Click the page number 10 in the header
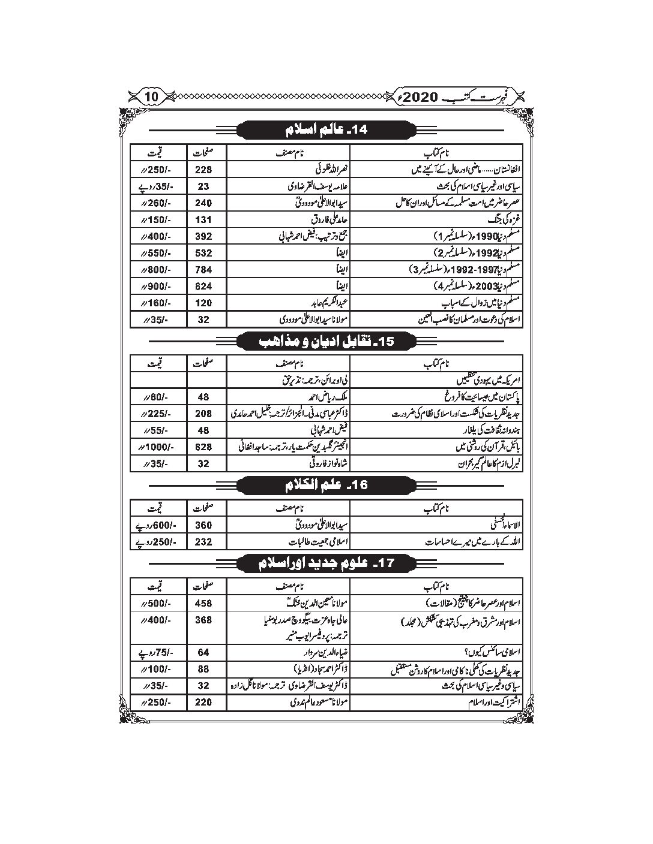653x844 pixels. [152, 96]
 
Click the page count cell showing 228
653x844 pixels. [203, 170]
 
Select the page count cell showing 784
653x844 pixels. [203, 270]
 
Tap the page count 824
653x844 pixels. [203, 287]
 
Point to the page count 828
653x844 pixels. [203, 447]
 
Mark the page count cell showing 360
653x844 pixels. [203, 525]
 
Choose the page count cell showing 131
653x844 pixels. [203, 220]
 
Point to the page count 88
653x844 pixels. [203, 669]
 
